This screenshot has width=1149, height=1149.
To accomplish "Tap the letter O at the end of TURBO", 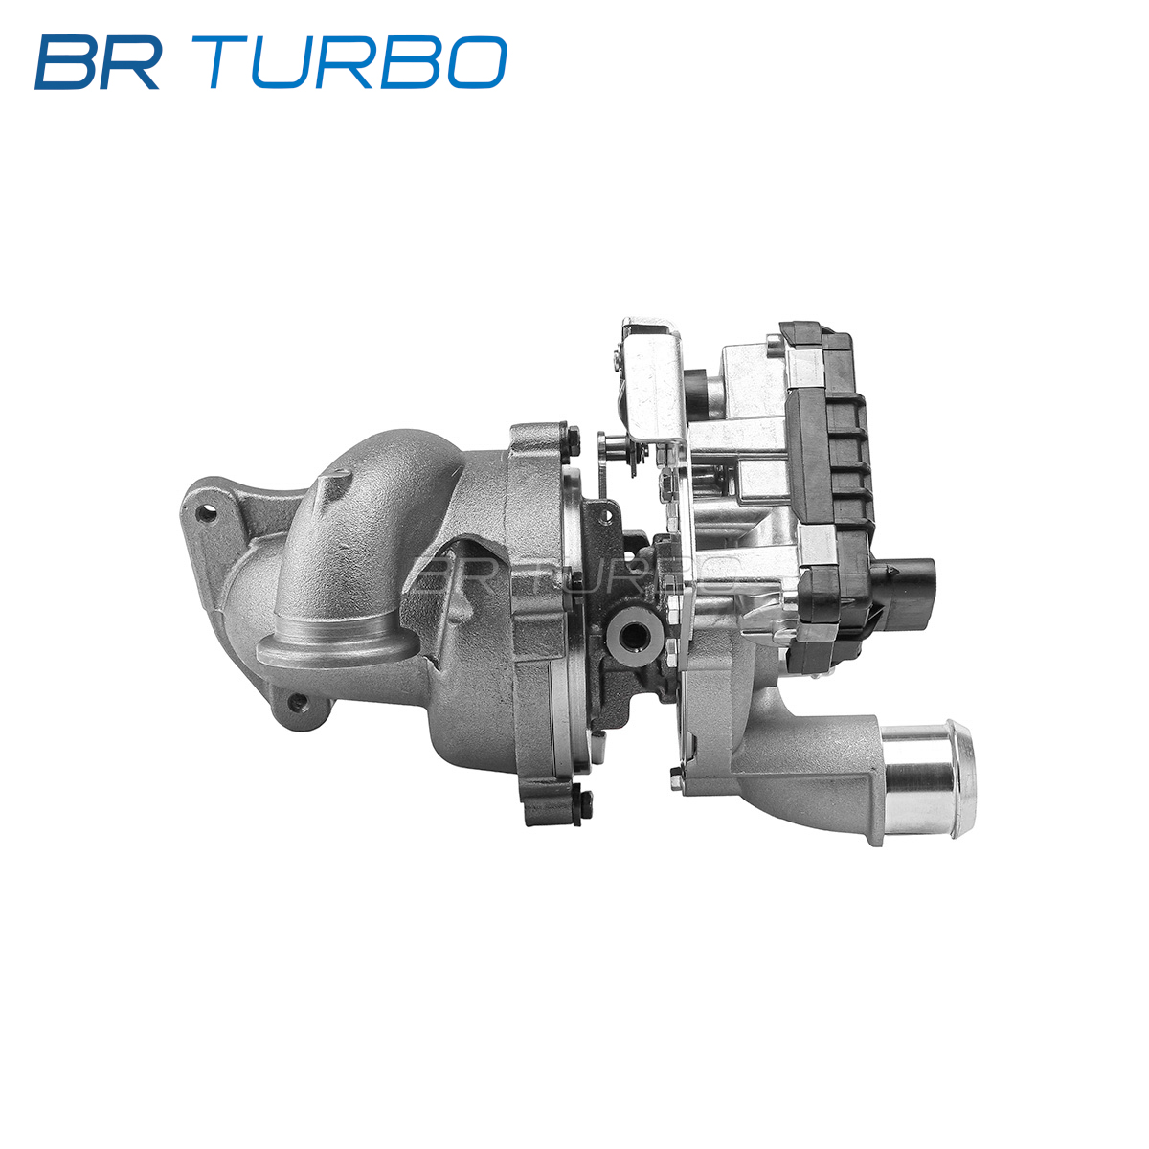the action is [x=478, y=62].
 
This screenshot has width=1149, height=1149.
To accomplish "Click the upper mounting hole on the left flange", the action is [x=205, y=513].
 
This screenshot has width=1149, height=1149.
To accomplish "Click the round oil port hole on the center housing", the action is [x=632, y=640].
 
